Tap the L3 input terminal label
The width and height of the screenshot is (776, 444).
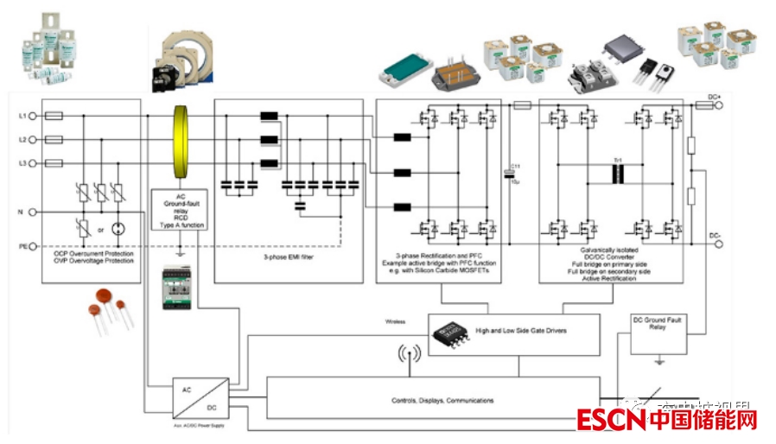(x=22, y=162)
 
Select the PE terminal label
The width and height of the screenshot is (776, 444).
(x=22, y=246)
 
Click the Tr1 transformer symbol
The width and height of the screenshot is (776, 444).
(x=618, y=174)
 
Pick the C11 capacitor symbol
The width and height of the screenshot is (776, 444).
(x=510, y=174)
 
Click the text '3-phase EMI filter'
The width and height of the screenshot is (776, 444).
(x=287, y=257)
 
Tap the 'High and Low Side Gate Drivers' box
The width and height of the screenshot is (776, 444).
(x=515, y=330)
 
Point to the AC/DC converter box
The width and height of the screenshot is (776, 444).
(x=200, y=397)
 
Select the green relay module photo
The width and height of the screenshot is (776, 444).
(x=179, y=289)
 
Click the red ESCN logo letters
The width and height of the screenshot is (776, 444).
(x=613, y=421)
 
